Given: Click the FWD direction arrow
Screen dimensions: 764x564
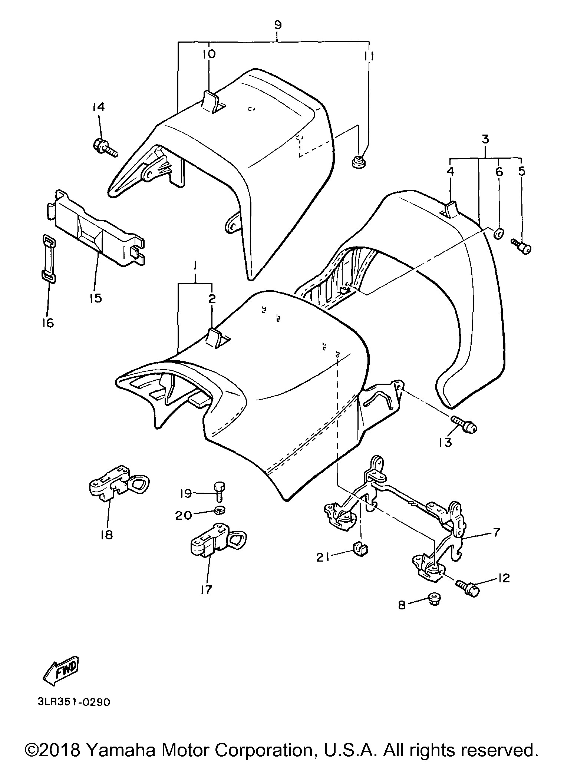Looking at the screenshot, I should [x=62, y=670].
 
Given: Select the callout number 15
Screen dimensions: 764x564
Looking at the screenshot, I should [x=96, y=298].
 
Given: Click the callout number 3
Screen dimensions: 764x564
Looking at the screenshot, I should [x=485, y=140].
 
